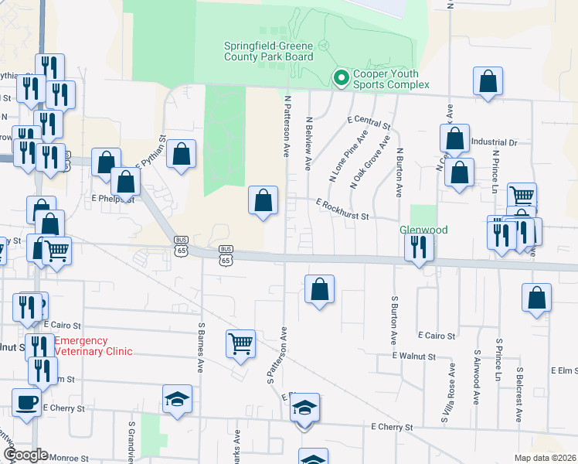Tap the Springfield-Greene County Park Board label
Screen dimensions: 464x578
268,51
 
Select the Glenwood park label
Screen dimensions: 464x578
423,230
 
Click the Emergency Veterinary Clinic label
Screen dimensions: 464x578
93,346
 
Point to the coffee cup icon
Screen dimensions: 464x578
27,402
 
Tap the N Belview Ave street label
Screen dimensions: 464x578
308,143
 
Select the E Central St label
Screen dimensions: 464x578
369,122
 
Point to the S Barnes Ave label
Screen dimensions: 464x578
201,344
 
